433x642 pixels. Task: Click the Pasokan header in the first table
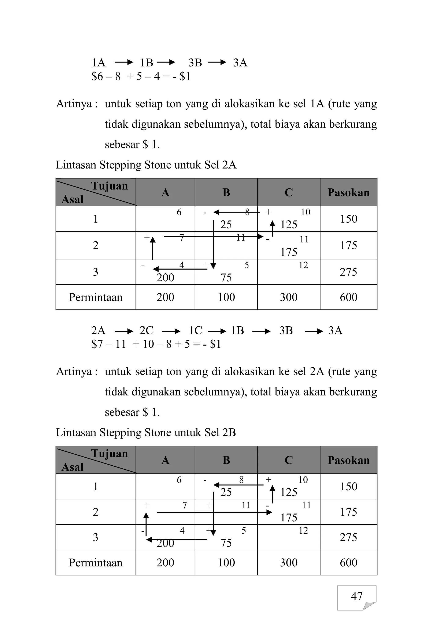tap(348, 192)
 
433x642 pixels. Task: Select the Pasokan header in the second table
tap(348, 460)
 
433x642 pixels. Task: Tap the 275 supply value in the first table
tap(348, 272)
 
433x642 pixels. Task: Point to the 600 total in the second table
tap(348, 562)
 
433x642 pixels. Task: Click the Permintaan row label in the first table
tap(96, 297)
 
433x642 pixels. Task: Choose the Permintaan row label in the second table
tap(96, 562)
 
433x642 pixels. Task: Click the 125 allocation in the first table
tap(289, 225)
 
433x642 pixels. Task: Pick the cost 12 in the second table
tap(303, 530)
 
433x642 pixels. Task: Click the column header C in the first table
tap(289, 192)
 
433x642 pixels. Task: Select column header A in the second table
tap(165, 460)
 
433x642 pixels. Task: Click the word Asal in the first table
tap(72, 199)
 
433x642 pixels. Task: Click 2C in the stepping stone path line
tap(146, 330)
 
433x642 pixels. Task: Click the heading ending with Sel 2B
tap(146, 432)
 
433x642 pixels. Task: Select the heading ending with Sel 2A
tap(146, 165)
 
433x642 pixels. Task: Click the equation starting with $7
tap(156, 344)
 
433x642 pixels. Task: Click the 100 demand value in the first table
tap(226, 297)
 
